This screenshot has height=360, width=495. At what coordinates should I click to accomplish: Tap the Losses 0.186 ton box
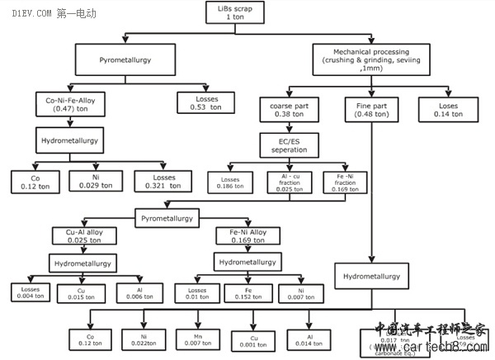pos(224,182)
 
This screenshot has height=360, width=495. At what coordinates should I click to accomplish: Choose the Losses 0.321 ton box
pos(154,182)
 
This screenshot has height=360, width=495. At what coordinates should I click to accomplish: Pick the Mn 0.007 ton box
pos(199,339)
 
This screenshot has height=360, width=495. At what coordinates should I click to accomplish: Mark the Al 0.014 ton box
pos(307,339)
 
